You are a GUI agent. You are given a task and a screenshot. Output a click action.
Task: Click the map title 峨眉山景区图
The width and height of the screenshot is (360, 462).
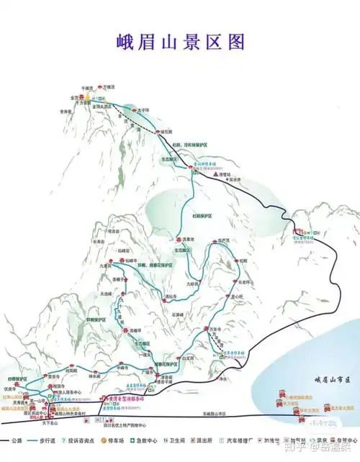(x=181, y=40)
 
